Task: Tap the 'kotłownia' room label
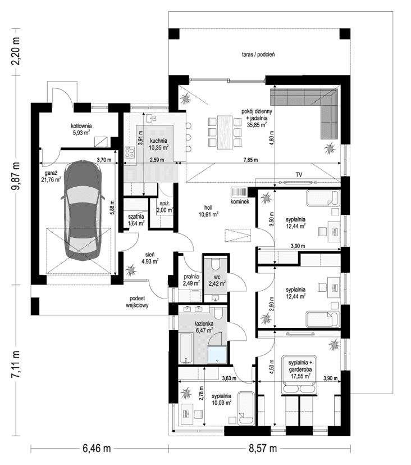click(81, 126)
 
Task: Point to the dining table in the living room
click(225, 133)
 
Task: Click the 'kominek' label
click(239, 201)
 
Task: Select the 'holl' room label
click(208, 207)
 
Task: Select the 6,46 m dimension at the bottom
click(97, 449)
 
